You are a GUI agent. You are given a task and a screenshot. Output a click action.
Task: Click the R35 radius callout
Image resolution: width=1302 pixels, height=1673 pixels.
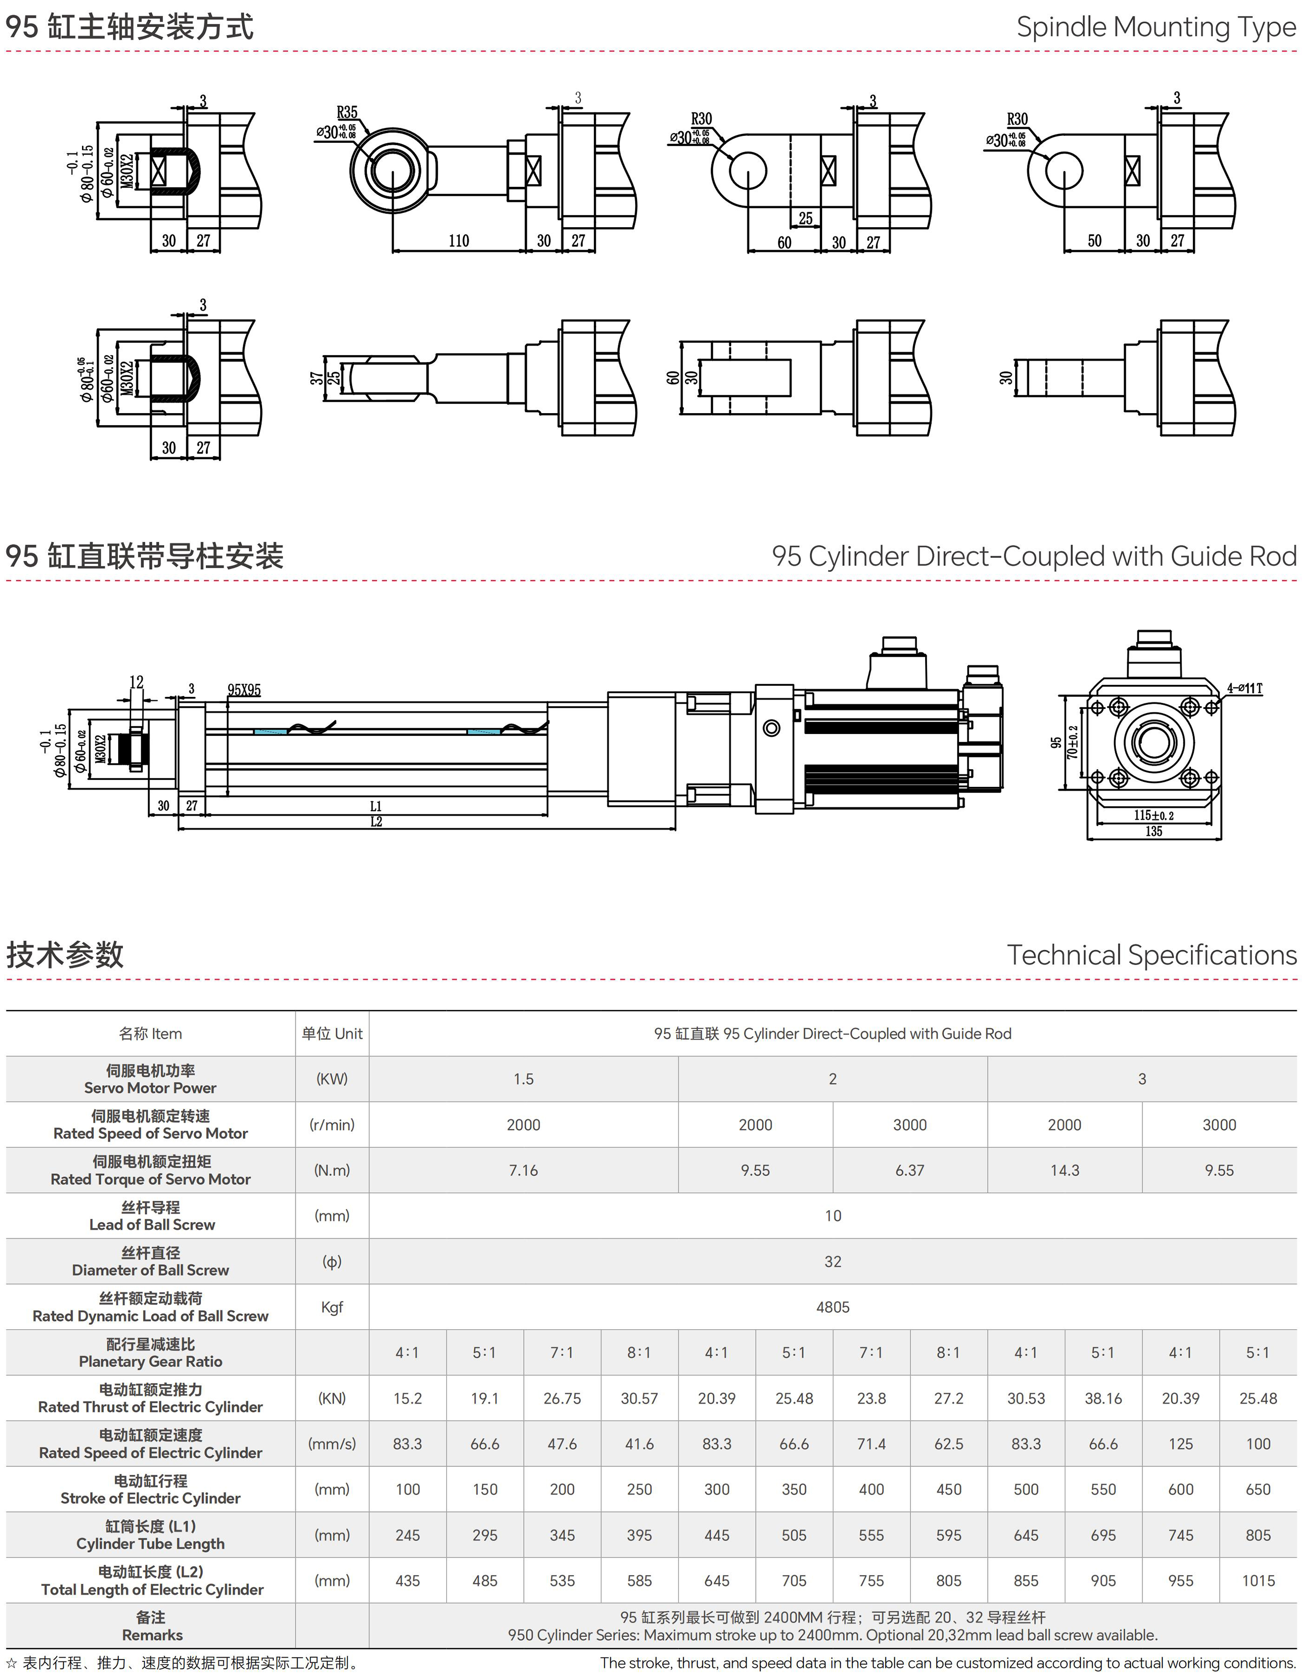pyautogui.click(x=347, y=112)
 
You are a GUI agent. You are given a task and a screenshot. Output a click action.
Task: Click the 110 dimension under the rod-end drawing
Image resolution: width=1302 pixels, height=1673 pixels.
pyautogui.click(x=458, y=241)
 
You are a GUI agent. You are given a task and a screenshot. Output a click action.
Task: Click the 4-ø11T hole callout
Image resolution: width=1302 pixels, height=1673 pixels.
pyautogui.click(x=1244, y=688)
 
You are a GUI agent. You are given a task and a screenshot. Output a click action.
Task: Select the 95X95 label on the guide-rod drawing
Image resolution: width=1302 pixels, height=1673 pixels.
pyautogui.click(x=244, y=690)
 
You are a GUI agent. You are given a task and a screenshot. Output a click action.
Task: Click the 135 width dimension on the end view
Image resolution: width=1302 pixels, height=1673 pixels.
pyautogui.click(x=1153, y=831)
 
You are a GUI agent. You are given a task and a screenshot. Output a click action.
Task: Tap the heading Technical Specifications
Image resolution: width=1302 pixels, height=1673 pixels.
pyautogui.click(x=1151, y=955)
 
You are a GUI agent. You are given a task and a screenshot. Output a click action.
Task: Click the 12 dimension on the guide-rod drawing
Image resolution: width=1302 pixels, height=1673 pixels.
pyautogui.click(x=136, y=681)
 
